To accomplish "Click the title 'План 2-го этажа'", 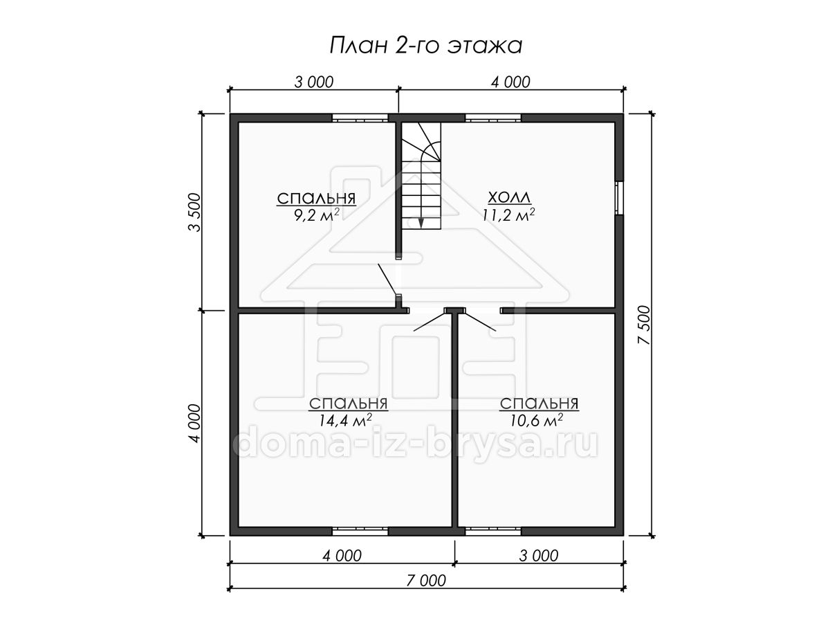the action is click(426, 46).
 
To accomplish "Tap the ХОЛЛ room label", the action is click(509, 197).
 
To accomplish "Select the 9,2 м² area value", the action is click(317, 215).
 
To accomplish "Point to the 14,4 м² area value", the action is click(345, 420).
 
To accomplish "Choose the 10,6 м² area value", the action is click(537, 420).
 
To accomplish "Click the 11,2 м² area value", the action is click(508, 215).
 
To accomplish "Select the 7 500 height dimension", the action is click(644, 325).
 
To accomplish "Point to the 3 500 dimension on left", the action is click(195, 213).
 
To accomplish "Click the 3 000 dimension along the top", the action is click(314, 82).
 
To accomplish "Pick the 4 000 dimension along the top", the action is click(510, 82).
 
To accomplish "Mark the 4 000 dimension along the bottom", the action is click(342, 556).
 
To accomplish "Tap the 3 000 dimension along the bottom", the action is click(538, 556).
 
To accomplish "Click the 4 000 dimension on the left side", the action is click(195, 423).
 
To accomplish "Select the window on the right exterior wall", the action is click(619, 198).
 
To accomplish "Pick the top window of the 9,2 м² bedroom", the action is click(360, 118).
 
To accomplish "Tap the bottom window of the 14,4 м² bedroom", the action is click(360, 531).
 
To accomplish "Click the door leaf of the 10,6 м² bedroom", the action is click(480, 321).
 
